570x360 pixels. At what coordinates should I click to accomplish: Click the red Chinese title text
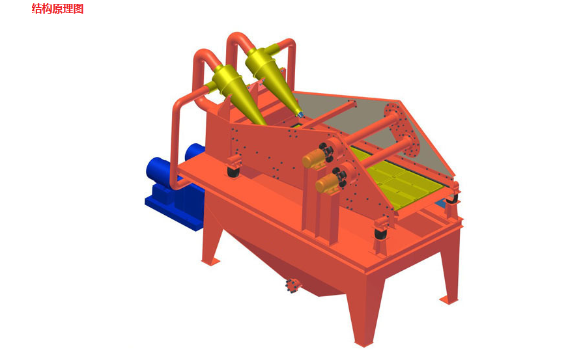57,8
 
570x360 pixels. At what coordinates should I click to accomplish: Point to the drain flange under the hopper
292,285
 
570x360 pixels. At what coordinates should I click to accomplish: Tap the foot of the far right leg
449,300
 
